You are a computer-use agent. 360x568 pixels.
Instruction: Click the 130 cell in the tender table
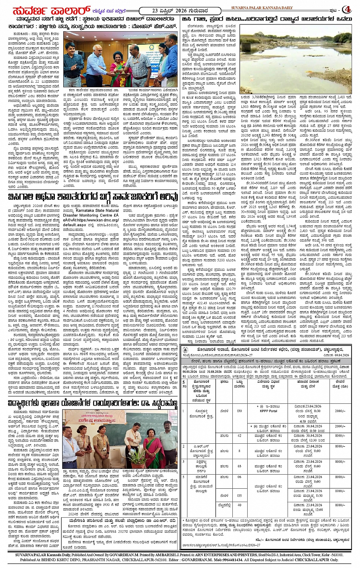pos(239,411)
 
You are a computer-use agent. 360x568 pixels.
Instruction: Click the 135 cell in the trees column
pos(239,496)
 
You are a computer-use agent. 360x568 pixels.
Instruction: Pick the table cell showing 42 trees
pos(239,435)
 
